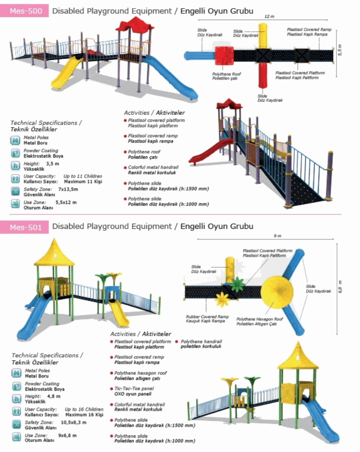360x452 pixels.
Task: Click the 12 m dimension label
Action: point(269,16)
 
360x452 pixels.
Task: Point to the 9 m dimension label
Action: point(277,236)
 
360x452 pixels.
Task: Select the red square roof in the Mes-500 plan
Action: point(224,56)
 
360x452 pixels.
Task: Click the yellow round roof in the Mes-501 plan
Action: point(276,291)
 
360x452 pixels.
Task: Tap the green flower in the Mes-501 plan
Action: point(238,284)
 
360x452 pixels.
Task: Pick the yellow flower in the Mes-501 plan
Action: point(222,299)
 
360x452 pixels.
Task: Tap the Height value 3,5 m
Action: point(52,164)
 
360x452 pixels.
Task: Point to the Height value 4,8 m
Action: point(54,396)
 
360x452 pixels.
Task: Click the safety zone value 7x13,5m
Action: point(68,189)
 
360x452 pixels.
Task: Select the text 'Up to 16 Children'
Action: point(84,409)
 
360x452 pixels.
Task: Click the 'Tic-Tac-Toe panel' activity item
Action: point(134,389)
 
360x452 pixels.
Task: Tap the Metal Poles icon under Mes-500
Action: point(15,141)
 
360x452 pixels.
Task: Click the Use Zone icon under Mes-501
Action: point(16,437)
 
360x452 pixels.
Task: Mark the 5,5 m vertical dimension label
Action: point(340,50)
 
